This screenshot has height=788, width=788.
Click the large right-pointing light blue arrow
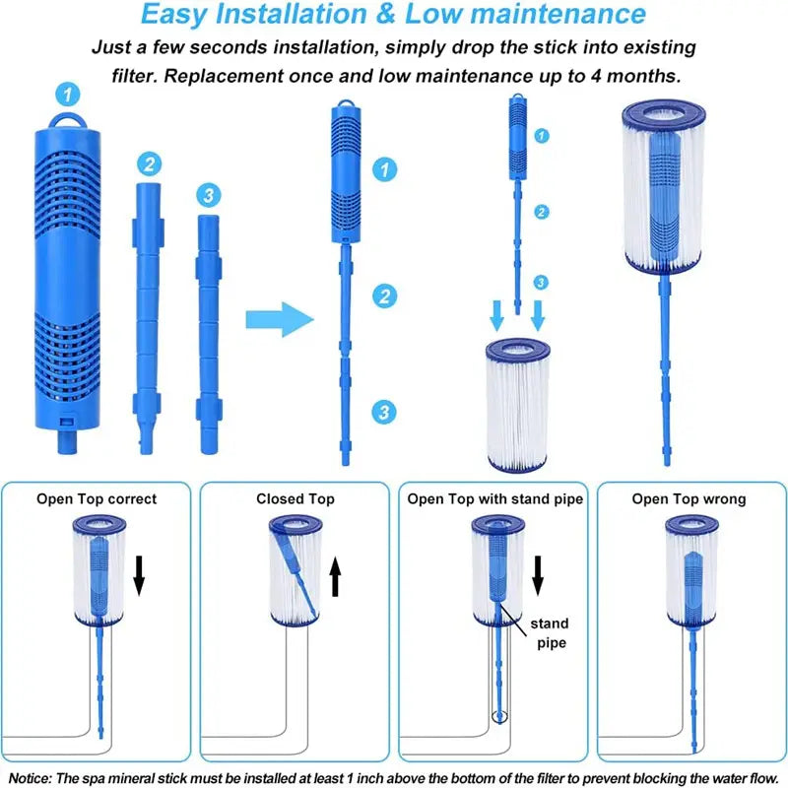[x=280, y=319]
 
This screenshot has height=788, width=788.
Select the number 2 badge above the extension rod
[x=150, y=164]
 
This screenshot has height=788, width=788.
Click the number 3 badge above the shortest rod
[x=209, y=195]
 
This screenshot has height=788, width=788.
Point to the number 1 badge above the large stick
[x=68, y=94]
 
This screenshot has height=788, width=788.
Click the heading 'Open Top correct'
[x=97, y=499]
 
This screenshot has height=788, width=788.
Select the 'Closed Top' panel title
[x=295, y=499]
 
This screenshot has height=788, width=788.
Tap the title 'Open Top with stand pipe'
[x=495, y=499]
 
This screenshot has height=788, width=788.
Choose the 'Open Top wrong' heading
[x=689, y=499]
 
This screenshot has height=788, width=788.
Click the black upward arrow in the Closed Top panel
[x=336, y=578]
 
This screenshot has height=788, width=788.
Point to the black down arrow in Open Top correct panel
[x=139, y=576]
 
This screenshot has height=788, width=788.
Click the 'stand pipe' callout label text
[x=550, y=633]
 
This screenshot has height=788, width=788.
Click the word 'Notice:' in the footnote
[x=31, y=778]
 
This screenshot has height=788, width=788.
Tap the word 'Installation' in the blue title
[x=291, y=14]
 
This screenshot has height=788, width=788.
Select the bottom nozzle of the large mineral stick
[x=67, y=441]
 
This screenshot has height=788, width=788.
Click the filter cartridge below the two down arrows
[x=517, y=405]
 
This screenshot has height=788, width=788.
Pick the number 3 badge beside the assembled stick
[x=384, y=412]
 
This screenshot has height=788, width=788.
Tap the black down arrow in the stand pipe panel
[x=538, y=576]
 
